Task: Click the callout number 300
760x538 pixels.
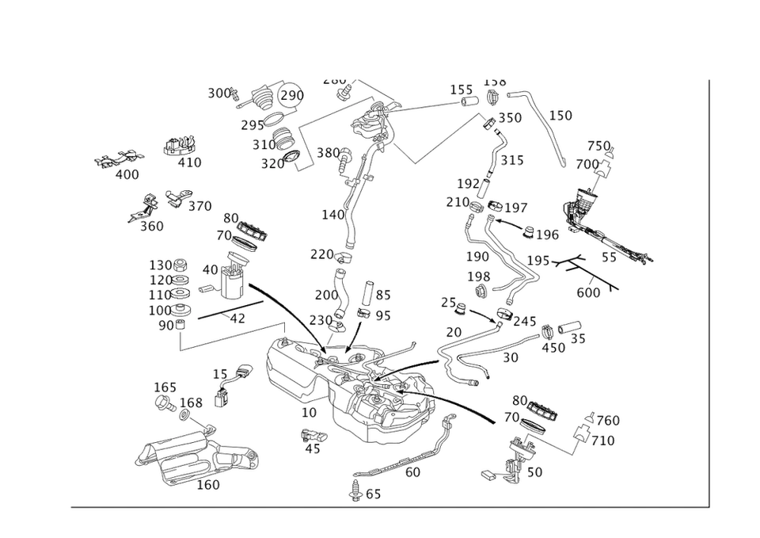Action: pos(218,93)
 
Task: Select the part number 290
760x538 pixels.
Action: pos(292,95)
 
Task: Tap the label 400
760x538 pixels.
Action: pos(127,174)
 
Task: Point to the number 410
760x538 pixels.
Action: pos(189,162)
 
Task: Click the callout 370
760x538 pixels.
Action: pos(199,207)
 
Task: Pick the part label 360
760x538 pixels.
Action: pos(151,226)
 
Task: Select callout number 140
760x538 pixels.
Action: pos(332,215)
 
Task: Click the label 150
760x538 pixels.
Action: pos(560,116)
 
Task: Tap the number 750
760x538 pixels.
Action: pos(598,147)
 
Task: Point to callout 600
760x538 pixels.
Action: pos(589,292)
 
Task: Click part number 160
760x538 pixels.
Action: pos(207,485)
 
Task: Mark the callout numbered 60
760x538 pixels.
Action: pos(412,472)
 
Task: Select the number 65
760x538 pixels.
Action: pos(372,494)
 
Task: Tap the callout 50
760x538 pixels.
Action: pos(534,472)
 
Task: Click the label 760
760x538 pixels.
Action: pos(607,420)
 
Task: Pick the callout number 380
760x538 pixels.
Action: pos(328,152)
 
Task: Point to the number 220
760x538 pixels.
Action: pos(321,254)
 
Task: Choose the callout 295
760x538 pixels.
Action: pos(253,126)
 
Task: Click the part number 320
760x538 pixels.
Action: pos(272,164)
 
